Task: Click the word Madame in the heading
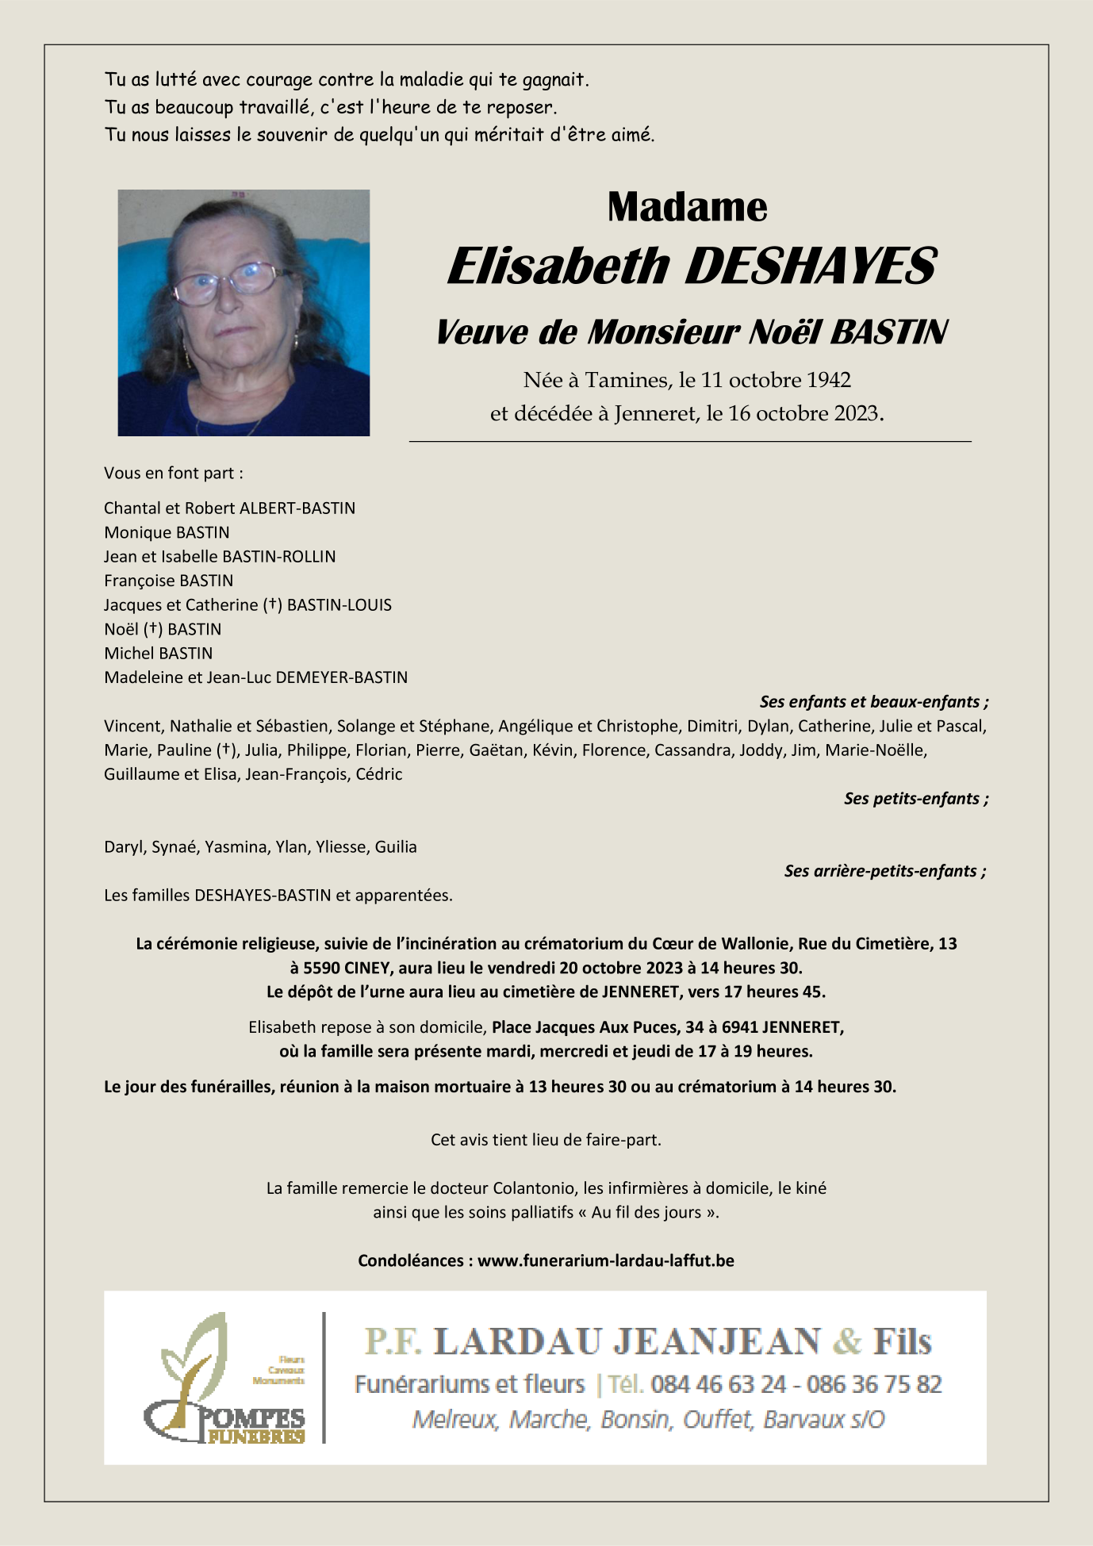coord(687,208)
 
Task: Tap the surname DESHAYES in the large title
coord(810,267)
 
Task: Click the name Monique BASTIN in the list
coord(167,532)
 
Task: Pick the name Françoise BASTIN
coord(168,581)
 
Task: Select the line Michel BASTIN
coord(159,654)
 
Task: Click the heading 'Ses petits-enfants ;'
coord(915,799)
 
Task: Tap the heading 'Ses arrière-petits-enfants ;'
coord(884,871)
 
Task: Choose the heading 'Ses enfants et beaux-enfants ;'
coord(873,702)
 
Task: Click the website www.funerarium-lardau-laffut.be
coord(605,1260)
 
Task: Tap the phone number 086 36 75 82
coord(874,1384)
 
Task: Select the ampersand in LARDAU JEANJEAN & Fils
coord(847,1341)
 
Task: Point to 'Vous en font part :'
coord(174,474)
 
